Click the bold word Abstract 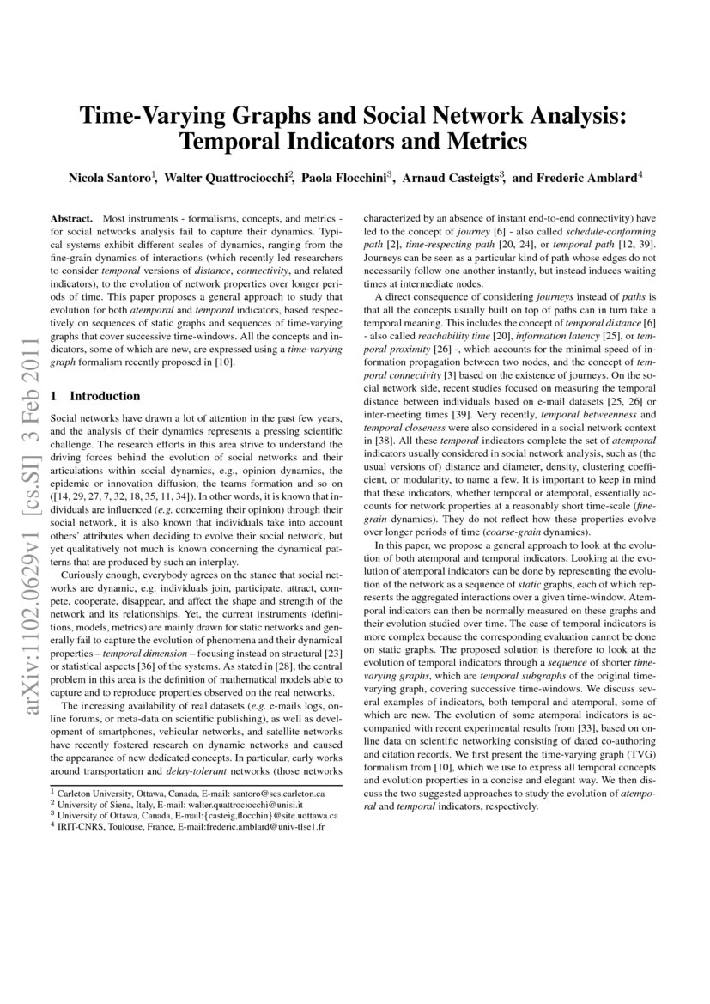coord(71,220)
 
